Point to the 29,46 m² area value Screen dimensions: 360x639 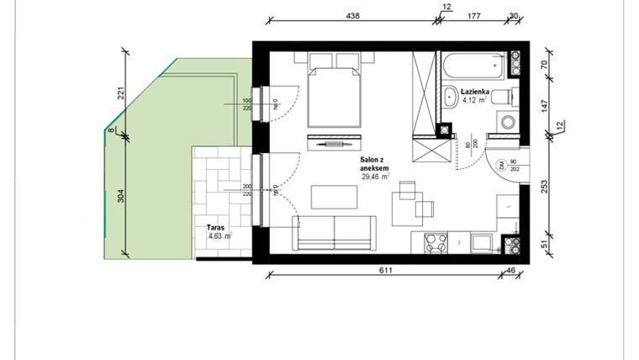click(375, 177)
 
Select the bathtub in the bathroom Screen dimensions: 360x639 click(477, 64)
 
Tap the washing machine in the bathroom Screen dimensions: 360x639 click(508, 123)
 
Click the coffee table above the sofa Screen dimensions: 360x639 click(329, 196)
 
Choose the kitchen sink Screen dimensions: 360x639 click(483, 242)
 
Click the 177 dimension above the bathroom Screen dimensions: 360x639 click(474, 15)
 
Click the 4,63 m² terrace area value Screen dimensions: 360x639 click(220, 236)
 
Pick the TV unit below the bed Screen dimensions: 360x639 click(334, 143)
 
